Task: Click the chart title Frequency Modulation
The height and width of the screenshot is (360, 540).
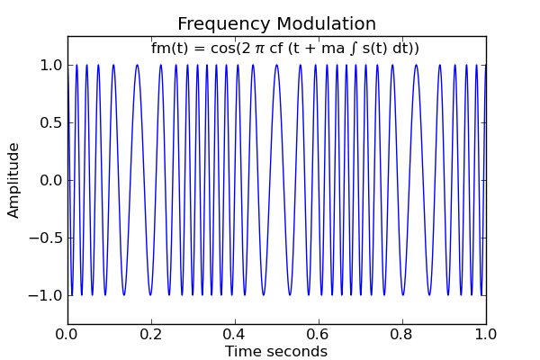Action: tap(276, 24)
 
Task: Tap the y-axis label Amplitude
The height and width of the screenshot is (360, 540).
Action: tap(14, 180)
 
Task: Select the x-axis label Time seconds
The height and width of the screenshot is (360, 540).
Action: tap(276, 352)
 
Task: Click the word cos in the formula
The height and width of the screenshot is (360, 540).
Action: tap(225, 49)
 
